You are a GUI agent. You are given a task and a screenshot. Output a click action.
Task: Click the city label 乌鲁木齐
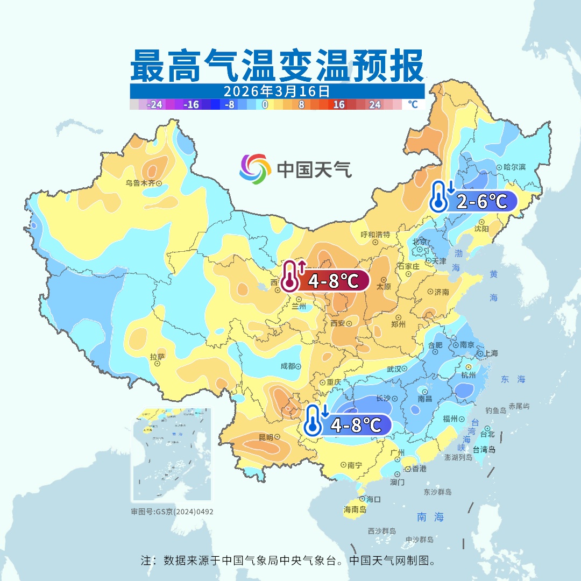(140, 183)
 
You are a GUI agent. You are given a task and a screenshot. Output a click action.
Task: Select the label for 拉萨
(157, 356)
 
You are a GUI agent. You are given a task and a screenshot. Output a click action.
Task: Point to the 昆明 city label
(266, 437)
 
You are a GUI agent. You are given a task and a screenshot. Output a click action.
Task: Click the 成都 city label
(288, 366)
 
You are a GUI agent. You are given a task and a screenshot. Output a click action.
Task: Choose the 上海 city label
(491, 353)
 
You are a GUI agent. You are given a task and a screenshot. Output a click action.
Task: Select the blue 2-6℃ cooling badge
(473, 202)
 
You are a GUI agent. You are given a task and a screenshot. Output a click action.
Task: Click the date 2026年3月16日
(277, 90)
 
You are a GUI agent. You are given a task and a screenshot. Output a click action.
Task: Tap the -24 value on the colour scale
(154, 105)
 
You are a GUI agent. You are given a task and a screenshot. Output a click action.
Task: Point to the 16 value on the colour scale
(338, 105)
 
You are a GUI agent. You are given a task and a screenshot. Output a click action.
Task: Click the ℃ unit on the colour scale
(413, 105)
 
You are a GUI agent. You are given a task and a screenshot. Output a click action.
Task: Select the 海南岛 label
(355, 509)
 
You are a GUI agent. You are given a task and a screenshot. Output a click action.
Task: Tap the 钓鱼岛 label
(495, 410)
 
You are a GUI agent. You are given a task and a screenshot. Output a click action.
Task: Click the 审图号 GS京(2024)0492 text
(172, 512)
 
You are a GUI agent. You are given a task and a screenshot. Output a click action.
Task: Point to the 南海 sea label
(430, 517)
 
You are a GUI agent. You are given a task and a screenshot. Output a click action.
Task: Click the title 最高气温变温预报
(277, 66)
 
